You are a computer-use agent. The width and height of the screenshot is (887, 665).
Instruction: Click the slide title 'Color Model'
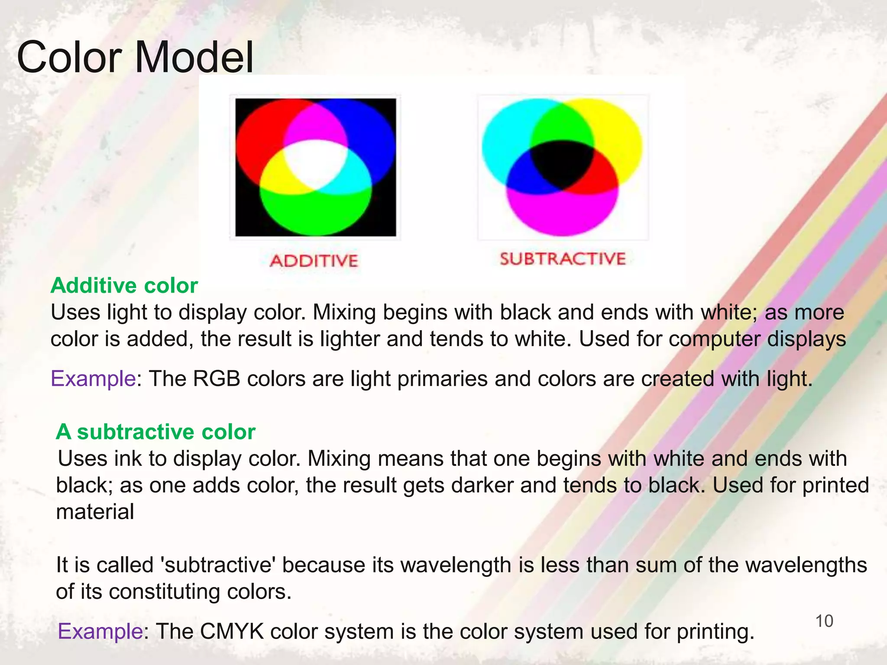tap(135, 58)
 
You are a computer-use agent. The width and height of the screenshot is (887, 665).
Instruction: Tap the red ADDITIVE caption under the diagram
tap(314, 261)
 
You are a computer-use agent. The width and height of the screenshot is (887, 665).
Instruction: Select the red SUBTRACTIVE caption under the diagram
tap(563, 259)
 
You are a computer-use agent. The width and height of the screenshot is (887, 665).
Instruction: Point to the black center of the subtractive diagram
tap(562, 164)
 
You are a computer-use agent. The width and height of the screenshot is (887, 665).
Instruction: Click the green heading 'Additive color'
tap(124, 286)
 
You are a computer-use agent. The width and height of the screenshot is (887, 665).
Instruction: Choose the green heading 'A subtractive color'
tap(156, 432)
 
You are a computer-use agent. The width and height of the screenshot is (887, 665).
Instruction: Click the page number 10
tap(824, 621)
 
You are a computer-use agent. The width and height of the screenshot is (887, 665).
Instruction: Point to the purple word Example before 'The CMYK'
tap(100, 631)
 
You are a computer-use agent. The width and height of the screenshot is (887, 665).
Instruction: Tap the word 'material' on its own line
tap(95, 512)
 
